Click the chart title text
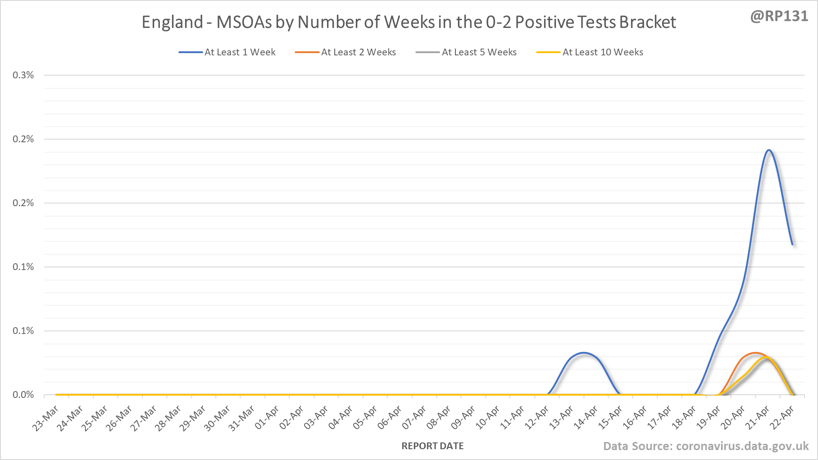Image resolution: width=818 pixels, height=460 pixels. pos(409,22)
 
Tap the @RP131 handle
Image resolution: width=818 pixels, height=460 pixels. pos(779,16)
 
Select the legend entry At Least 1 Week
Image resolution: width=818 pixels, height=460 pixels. pos(240,52)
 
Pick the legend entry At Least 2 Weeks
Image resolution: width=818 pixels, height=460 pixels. pos(358,52)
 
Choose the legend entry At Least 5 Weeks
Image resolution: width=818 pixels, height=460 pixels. pos(479,52)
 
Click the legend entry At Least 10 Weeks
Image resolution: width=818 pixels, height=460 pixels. pos(602,52)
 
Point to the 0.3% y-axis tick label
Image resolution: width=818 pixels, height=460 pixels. pos(23,75)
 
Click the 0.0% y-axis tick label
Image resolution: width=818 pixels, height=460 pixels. pos(23,395)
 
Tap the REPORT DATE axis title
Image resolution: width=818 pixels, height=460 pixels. pos(432,446)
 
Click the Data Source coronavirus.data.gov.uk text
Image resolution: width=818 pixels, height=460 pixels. pos(706,446)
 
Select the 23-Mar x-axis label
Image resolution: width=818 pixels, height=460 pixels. pos(46,418)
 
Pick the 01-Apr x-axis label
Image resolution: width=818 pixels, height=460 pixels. pos(267,418)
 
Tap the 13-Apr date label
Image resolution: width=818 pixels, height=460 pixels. pos(562,418)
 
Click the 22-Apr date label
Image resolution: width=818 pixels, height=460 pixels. pos(783,418)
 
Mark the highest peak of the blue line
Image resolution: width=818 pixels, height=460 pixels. pos(768,150)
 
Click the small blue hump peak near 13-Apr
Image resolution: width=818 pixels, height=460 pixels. pos(584,353)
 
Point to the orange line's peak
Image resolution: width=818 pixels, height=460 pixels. pos(755,353)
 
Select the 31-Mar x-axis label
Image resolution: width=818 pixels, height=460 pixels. pos(242,418)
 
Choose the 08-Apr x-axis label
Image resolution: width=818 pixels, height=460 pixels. pos(439,418)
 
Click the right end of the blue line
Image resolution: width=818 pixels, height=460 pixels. pos(792,244)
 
